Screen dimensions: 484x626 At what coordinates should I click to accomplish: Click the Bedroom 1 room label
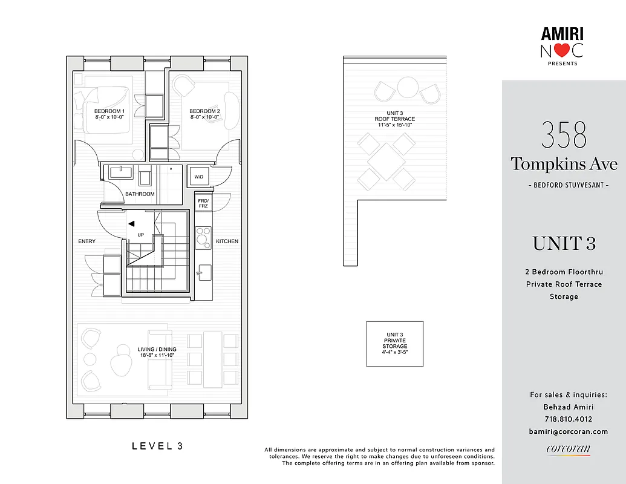[x=109, y=114]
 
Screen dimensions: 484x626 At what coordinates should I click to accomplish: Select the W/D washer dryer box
[x=198, y=177]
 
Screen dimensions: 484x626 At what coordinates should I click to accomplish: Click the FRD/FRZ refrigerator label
[x=203, y=202]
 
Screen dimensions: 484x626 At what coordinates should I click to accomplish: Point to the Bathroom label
[x=140, y=194]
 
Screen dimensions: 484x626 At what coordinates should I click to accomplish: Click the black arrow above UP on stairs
[x=131, y=223]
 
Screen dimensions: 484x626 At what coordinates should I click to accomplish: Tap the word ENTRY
[x=86, y=241]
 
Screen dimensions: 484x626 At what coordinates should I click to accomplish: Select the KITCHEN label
[x=227, y=241]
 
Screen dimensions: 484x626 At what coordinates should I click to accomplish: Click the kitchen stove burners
[x=203, y=234]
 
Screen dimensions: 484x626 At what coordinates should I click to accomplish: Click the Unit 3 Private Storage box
[x=394, y=344]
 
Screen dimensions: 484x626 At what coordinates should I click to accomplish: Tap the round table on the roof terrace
[x=407, y=87]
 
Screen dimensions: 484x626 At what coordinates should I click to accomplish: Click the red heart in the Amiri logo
[x=562, y=51]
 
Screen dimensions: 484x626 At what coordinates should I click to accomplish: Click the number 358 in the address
[x=564, y=136]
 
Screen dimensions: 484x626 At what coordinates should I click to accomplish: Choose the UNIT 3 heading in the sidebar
[x=564, y=243]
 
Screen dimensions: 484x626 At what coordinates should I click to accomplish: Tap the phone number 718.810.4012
[x=568, y=419]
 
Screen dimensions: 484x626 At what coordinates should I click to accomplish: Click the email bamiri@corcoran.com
[x=568, y=431]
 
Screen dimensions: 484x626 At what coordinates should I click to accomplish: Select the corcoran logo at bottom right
[x=568, y=449]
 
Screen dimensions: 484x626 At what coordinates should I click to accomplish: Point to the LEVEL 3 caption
[x=157, y=446]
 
